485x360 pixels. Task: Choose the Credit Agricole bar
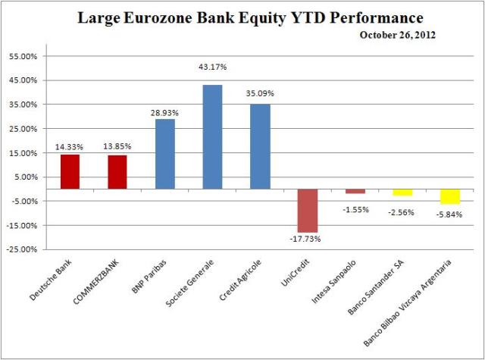coord(260,146)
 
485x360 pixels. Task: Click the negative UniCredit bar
coord(308,210)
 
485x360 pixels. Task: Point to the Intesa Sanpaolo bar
coord(355,191)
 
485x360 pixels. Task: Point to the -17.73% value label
coord(308,239)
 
